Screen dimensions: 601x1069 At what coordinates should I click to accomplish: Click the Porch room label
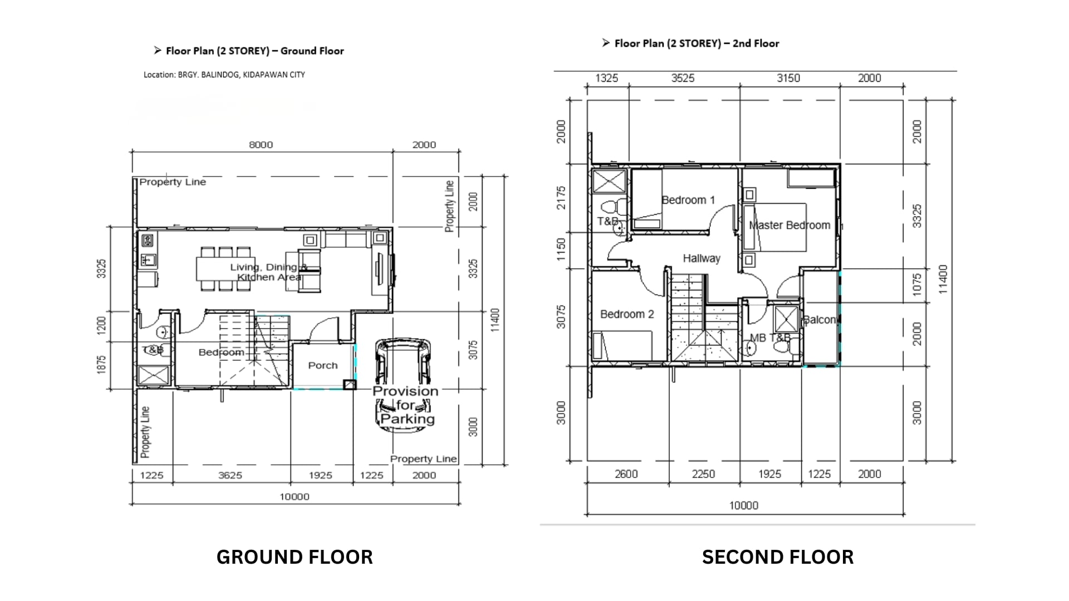pyautogui.click(x=323, y=366)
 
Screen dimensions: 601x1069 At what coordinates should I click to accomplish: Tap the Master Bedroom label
pyautogui.click(x=789, y=225)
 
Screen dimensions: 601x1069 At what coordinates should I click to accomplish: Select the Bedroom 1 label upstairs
pyautogui.click(x=688, y=200)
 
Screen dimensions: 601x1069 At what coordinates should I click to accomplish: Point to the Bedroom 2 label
pyautogui.click(x=627, y=314)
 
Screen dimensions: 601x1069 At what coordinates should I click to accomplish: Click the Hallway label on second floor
pyautogui.click(x=702, y=258)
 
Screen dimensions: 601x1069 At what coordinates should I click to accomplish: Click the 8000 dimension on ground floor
pyautogui.click(x=261, y=145)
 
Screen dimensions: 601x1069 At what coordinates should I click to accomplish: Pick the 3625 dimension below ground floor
pyautogui.click(x=230, y=475)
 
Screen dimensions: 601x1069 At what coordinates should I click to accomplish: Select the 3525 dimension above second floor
pyautogui.click(x=683, y=78)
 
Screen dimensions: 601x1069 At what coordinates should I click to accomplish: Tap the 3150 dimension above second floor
pyautogui.click(x=788, y=78)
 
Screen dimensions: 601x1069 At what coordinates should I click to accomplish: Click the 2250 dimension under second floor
pyautogui.click(x=703, y=474)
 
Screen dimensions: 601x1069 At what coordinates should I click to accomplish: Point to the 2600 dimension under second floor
pyautogui.click(x=626, y=474)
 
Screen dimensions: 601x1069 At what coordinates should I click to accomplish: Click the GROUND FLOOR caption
pyautogui.click(x=295, y=557)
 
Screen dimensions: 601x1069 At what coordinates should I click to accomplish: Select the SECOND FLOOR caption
pyautogui.click(x=777, y=557)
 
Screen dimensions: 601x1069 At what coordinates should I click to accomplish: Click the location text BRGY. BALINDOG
pyautogui.click(x=224, y=75)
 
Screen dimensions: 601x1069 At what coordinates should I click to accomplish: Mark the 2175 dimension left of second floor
pyautogui.click(x=561, y=198)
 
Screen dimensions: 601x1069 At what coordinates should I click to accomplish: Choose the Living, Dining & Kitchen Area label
pyautogui.click(x=268, y=272)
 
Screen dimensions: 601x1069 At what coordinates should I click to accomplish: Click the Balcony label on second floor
pyautogui.click(x=820, y=320)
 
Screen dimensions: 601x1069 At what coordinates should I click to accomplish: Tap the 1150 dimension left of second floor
pyautogui.click(x=561, y=249)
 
